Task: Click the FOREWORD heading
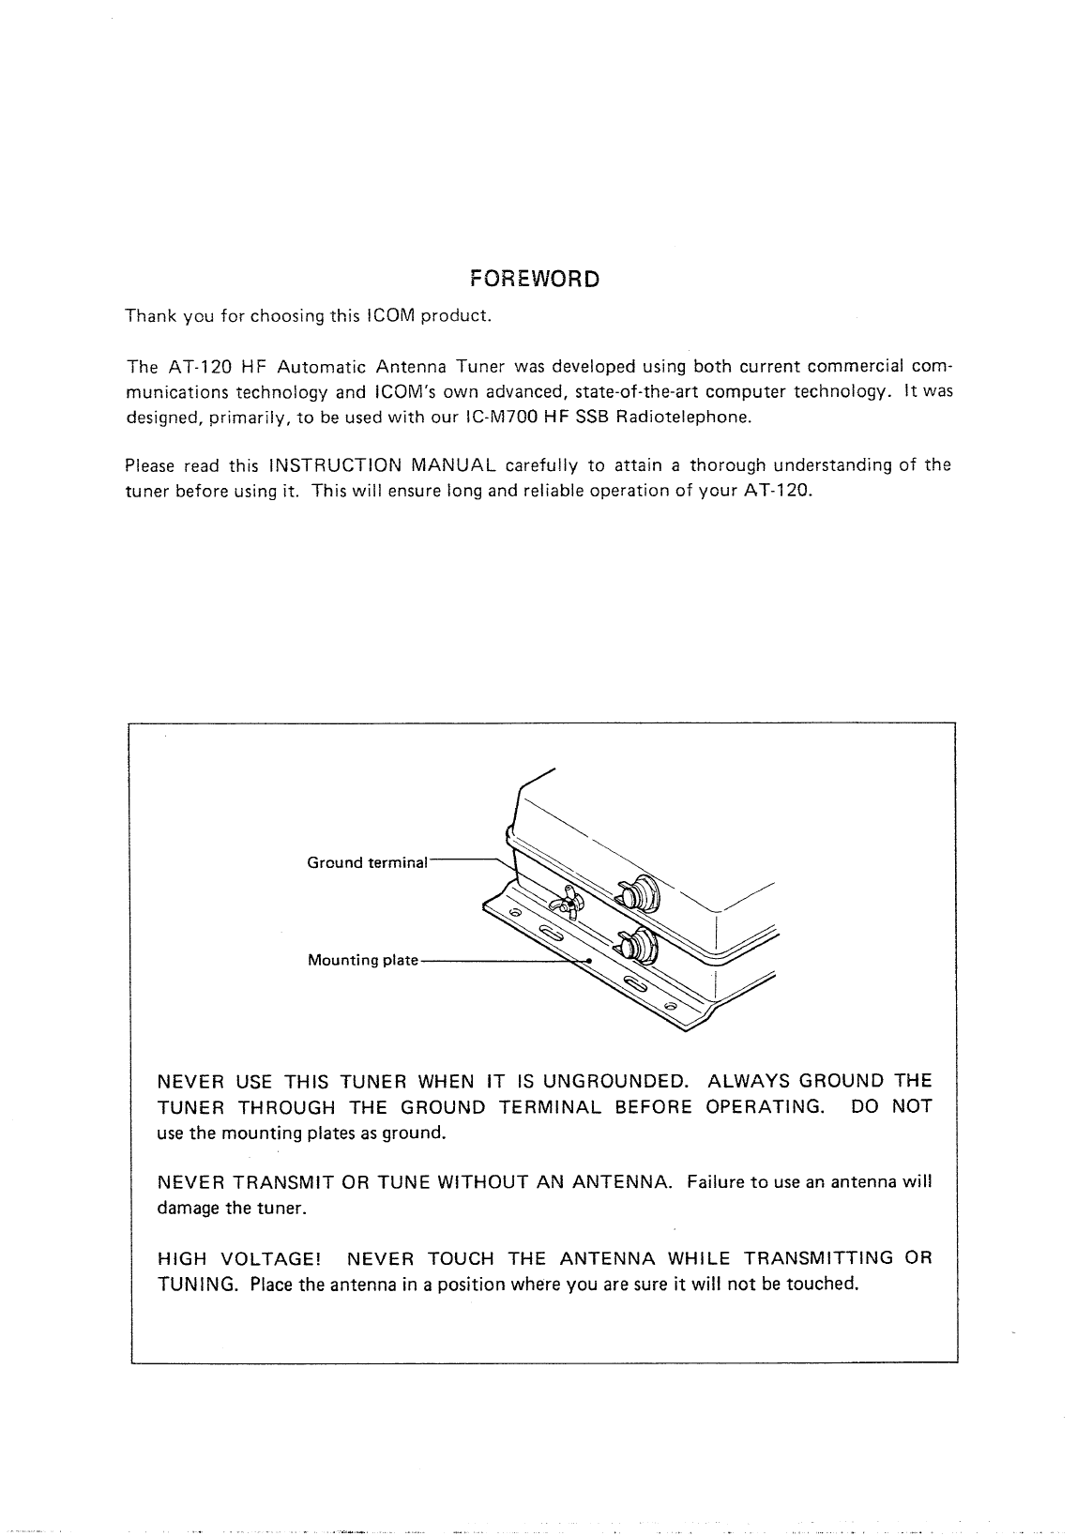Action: point(533,280)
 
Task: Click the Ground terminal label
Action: point(367,862)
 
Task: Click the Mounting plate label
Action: point(362,961)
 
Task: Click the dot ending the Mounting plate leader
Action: point(588,961)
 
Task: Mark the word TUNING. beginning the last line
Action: point(197,1284)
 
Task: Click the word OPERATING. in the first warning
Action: point(765,1107)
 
